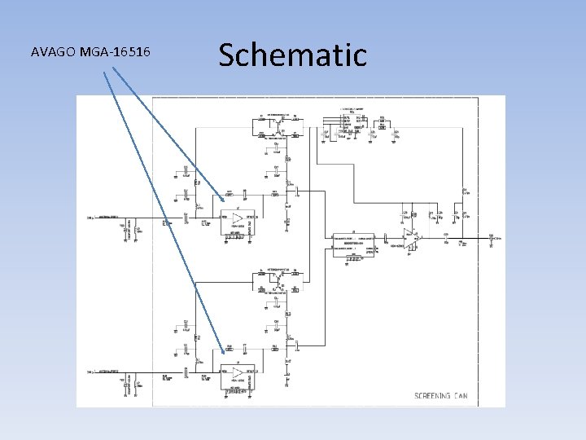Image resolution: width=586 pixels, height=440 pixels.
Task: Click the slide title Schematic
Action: pyautogui.click(x=292, y=55)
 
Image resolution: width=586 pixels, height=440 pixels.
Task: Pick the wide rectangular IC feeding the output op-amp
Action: pyautogui.click(x=353, y=242)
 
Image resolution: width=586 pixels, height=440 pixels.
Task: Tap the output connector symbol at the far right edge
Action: pyautogui.click(x=491, y=239)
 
